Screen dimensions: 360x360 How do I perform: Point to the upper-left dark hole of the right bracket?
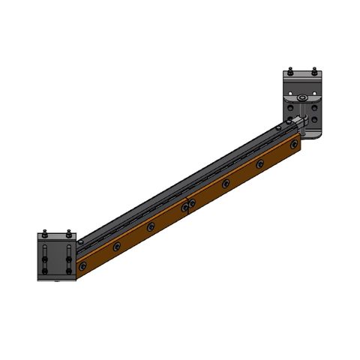pos(291,106)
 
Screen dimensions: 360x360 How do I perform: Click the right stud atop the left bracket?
pos(68,232)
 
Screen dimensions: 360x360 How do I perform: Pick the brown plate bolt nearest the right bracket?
pos(294,143)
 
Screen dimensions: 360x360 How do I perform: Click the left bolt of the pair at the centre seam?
pos(184,206)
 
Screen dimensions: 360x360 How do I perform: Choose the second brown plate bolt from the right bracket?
pos(260,163)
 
